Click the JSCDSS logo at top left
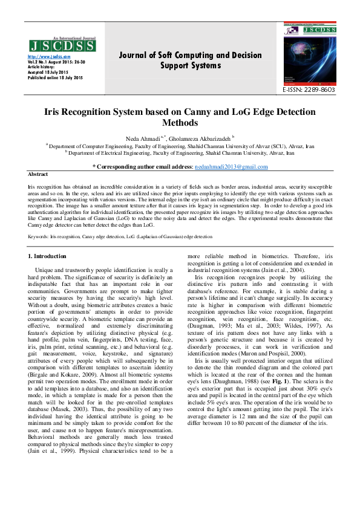click(61, 45)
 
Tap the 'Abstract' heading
click(38, 173)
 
